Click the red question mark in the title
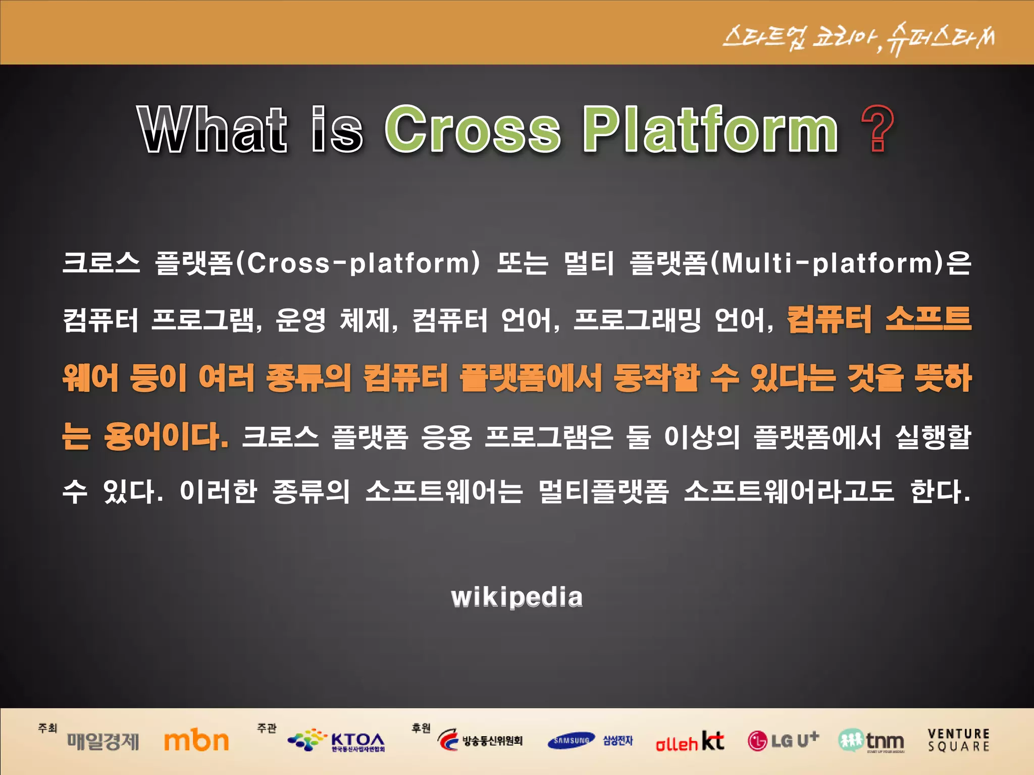coord(877,129)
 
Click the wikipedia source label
coord(516,597)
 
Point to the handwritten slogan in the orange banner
coord(858,38)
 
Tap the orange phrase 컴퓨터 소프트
coord(878,320)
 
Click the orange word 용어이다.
coord(166,436)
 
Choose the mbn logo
coord(196,741)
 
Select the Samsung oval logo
coord(571,741)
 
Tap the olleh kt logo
coord(690,742)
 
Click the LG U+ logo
coord(783,741)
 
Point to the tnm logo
coord(871,741)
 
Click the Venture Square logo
coord(958,740)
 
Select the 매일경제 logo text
coord(103,742)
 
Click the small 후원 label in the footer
coord(421,728)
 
